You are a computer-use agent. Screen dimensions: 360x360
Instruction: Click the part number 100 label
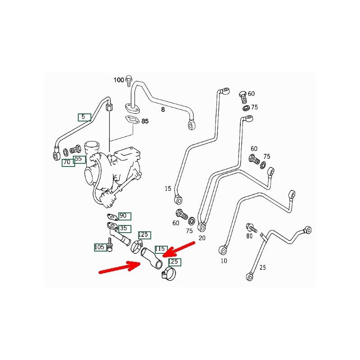(x=118, y=80)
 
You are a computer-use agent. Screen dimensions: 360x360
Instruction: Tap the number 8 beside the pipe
(x=163, y=109)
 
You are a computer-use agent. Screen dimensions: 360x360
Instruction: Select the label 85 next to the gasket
(x=145, y=121)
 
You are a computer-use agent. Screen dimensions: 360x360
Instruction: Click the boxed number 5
(x=84, y=117)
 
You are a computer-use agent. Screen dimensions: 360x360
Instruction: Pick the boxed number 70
(x=68, y=162)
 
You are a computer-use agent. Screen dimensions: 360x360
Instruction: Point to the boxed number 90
(x=123, y=216)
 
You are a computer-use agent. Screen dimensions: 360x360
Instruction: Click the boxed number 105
(x=99, y=247)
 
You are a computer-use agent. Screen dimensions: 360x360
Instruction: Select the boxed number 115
(x=161, y=249)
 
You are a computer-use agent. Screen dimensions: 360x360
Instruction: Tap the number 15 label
(x=167, y=189)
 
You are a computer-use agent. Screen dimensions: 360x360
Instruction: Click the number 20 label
(x=202, y=238)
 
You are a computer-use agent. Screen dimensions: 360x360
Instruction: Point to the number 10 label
(x=224, y=261)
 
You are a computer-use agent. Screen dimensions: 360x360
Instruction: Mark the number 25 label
(x=263, y=267)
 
